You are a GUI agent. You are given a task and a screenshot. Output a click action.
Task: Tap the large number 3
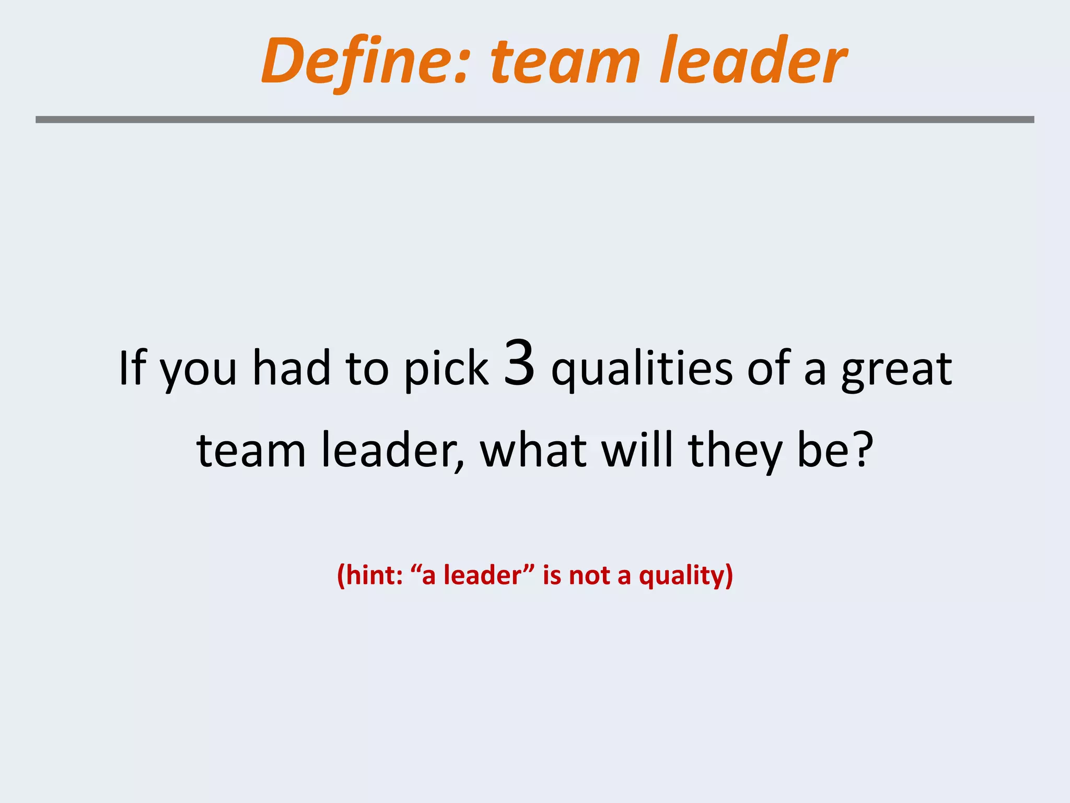[520, 363]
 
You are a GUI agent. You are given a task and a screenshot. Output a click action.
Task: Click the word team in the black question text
[251, 451]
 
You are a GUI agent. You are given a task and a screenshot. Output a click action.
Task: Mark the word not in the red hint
[589, 576]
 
